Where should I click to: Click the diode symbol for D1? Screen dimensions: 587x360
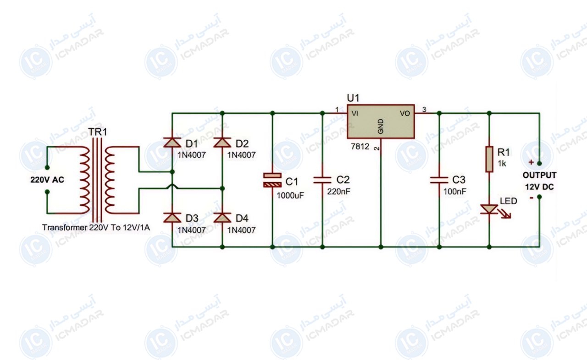coord(172,142)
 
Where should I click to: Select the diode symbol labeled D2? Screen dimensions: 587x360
coord(222,142)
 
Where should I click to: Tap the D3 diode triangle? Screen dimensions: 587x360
coord(172,217)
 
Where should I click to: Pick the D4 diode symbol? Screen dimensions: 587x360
coord(222,217)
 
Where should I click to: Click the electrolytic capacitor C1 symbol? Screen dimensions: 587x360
coord(272,180)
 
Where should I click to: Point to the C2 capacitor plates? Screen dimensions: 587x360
coord(322,180)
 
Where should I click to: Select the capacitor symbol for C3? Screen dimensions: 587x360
coord(439,180)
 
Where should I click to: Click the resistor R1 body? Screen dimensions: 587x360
coord(489,159)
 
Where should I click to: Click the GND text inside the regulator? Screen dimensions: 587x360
coord(381,126)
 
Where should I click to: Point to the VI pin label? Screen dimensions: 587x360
coord(355,113)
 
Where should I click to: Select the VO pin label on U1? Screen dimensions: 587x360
coord(404,113)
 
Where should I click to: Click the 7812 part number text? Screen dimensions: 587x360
coord(360,146)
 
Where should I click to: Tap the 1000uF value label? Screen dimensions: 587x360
coord(290,195)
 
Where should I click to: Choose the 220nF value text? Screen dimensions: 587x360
coord(338,192)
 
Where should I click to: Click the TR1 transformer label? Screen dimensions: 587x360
coord(98,132)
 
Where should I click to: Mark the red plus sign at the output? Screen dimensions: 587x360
coord(531,162)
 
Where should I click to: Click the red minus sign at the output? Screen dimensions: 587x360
coord(532,198)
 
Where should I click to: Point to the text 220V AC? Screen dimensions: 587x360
coord(47,180)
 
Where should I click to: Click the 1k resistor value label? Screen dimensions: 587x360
coord(502,164)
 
